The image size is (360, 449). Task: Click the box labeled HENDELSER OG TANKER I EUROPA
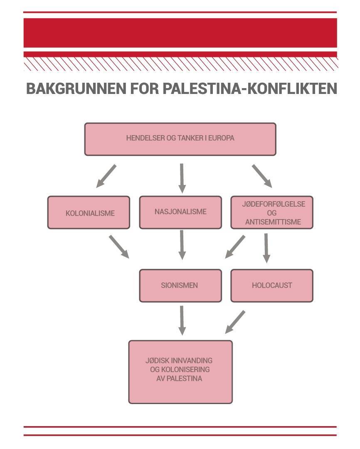[x=180, y=139]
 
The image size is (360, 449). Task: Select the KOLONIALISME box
[x=89, y=212]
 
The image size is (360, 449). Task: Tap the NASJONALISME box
[x=180, y=212]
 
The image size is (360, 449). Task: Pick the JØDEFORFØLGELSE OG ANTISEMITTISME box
[x=272, y=212]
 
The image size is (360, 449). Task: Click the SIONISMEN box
[x=180, y=285]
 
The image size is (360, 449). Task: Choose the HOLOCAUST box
[x=272, y=285]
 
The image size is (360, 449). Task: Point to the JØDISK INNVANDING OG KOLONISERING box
[x=180, y=372]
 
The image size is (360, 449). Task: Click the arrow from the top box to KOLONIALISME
[x=106, y=176]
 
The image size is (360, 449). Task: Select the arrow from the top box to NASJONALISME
[x=182, y=178]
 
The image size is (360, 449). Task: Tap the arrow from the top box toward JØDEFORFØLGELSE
[x=261, y=176]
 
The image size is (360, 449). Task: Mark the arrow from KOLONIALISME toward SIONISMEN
[x=119, y=246]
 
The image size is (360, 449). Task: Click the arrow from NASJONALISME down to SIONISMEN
[x=182, y=244]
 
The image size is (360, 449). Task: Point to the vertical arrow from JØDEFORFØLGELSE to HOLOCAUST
[x=266, y=247]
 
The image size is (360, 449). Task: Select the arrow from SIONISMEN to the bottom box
[x=182, y=320]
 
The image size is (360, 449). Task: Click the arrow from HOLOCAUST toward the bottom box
[x=235, y=322]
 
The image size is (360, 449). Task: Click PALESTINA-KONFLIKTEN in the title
[x=249, y=89]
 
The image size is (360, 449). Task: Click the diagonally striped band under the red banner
[x=180, y=64]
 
